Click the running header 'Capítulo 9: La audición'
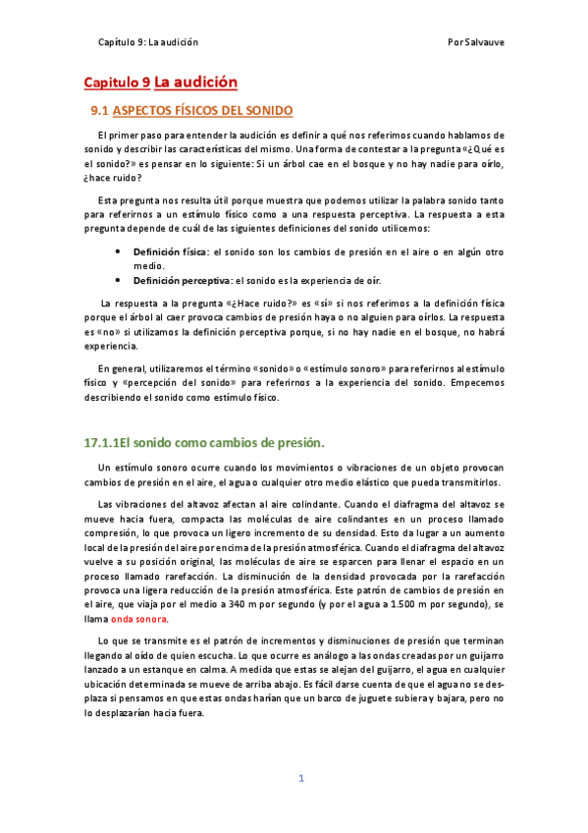point(148,42)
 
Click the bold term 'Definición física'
point(170,251)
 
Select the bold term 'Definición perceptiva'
point(181,281)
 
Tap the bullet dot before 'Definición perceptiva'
point(119,281)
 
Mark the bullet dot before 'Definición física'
point(119,251)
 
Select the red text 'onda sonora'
point(138,620)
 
